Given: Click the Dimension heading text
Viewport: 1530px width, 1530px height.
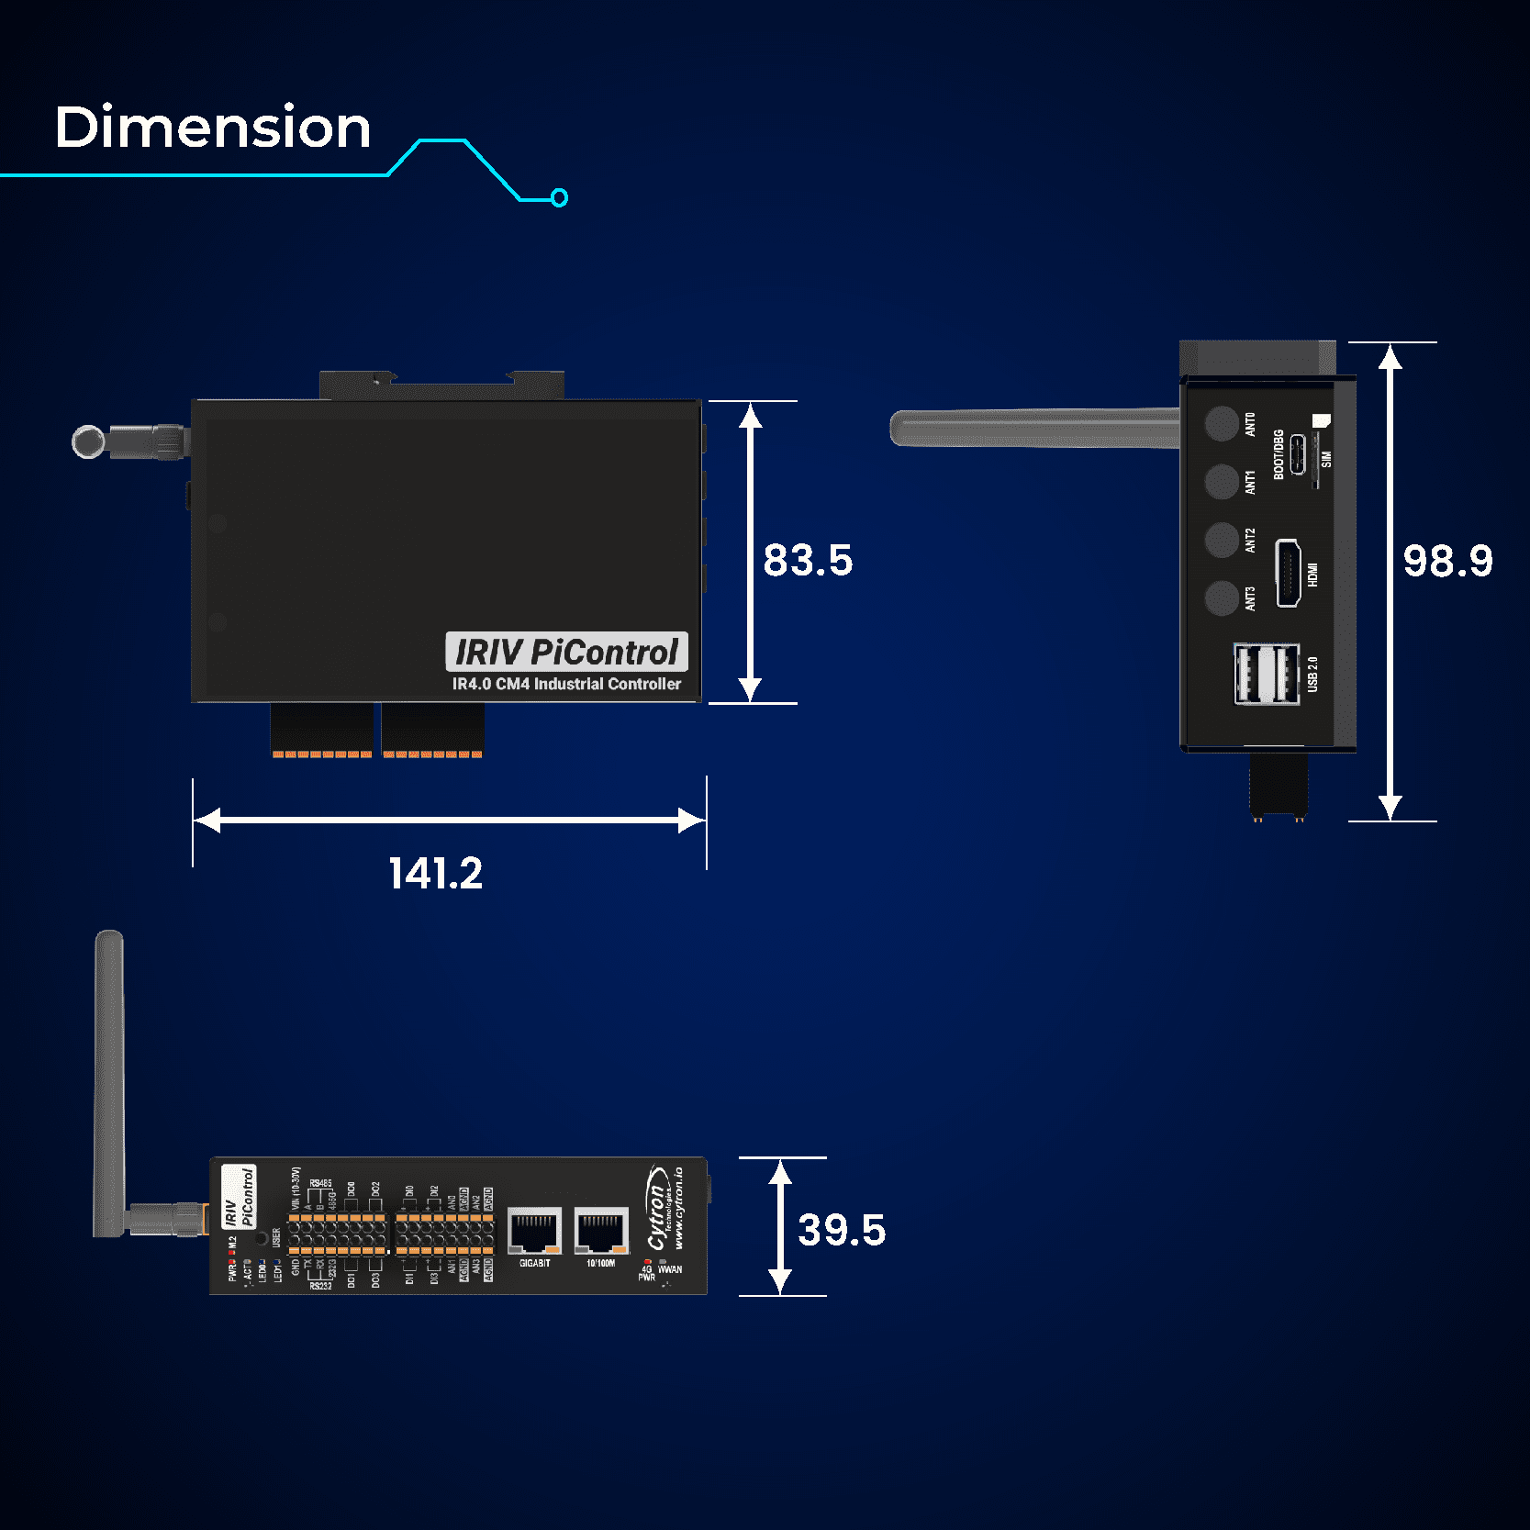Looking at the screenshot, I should coord(213,127).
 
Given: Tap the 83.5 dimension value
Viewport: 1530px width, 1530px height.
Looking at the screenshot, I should coord(808,560).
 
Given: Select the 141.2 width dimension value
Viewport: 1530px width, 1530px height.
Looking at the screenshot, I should coord(435,873).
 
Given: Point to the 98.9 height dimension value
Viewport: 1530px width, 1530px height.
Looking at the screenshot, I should coord(1447,561).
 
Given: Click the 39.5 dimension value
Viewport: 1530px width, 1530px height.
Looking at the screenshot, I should coord(842,1230).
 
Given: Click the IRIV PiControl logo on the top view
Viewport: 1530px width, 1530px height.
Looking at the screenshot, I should coord(566,652).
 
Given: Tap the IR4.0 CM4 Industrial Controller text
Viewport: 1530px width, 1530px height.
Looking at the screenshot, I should coord(566,684).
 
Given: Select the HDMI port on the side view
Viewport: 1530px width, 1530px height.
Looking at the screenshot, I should coord(1288,574).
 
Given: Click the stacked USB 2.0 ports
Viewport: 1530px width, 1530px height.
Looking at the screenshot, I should coord(1267,675).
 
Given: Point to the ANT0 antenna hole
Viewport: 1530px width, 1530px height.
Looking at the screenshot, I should coord(1222,423).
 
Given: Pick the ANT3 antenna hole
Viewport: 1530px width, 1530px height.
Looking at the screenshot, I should coord(1222,598).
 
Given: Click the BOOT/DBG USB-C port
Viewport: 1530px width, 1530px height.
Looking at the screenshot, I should coord(1298,454).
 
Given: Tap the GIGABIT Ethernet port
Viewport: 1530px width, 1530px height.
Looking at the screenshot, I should coord(534,1231).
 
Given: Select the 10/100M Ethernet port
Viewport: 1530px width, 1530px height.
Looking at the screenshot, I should coord(601,1231).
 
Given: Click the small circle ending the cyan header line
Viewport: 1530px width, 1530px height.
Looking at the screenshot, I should coord(559,197).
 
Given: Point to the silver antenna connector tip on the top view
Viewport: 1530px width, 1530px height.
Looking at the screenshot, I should coord(88,441).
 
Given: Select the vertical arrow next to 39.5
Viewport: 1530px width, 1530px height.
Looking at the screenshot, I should coord(780,1226).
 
